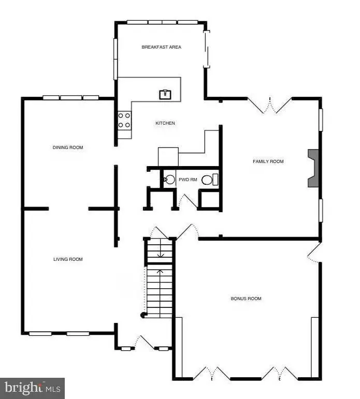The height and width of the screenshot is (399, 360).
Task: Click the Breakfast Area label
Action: click(162, 47)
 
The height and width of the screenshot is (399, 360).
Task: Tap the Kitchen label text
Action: click(165, 123)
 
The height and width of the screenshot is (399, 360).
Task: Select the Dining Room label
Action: click(68, 147)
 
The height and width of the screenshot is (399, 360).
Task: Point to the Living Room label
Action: click(68, 259)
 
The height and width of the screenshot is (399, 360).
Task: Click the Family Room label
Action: click(268, 161)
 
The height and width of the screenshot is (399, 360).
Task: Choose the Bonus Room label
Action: click(246, 299)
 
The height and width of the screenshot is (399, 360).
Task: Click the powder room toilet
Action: click(209, 180)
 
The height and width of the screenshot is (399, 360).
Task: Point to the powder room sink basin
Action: click(169, 180)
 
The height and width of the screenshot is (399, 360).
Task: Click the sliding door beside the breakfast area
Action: click(207, 49)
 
